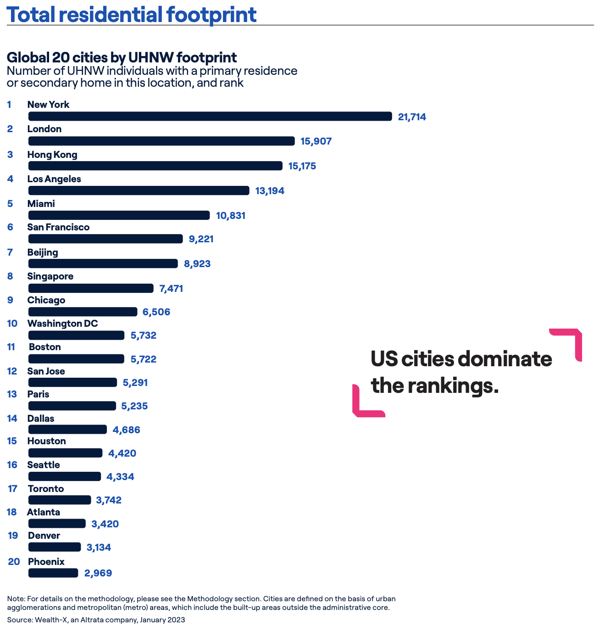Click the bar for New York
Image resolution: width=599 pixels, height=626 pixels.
click(x=210, y=117)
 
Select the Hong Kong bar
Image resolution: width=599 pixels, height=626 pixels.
click(x=155, y=166)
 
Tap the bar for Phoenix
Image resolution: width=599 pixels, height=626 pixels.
click(x=53, y=573)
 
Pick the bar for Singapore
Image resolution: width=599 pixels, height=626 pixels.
click(x=91, y=288)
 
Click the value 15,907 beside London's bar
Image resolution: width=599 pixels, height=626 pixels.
click(x=316, y=141)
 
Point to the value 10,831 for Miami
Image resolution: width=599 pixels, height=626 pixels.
click(x=231, y=215)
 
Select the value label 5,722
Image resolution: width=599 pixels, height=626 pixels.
click(x=144, y=359)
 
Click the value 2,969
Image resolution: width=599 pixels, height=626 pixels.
click(x=98, y=573)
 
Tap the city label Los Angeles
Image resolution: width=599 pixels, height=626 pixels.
click(x=54, y=179)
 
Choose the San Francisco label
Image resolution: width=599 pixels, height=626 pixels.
click(x=58, y=227)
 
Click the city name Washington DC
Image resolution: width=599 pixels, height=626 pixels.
click(x=62, y=324)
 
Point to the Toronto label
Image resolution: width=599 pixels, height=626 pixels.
click(x=46, y=489)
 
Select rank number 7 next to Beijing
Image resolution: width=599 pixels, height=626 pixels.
click(x=10, y=252)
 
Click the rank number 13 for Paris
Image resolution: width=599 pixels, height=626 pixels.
click(x=12, y=394)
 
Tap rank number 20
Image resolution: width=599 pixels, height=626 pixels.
click(x=14, y=561)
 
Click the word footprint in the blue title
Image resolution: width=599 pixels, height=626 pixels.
click(x=211, y=14)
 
